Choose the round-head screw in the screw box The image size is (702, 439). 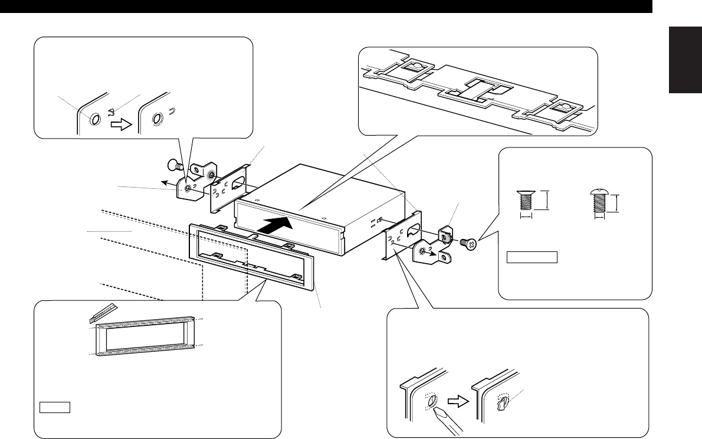(x=600, y=204)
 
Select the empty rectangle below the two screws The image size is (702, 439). (x=532, y=257)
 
